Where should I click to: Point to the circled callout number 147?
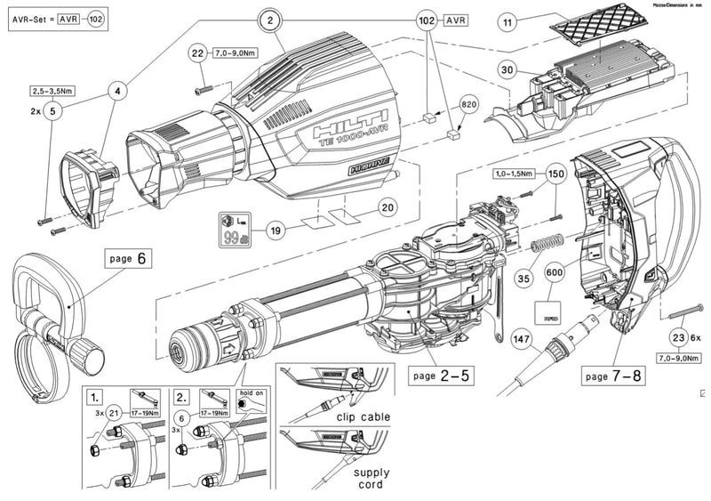[522, 338]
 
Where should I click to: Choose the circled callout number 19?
[276, 230]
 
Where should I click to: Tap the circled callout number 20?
[386, 207]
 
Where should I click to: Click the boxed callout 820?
[470, 103]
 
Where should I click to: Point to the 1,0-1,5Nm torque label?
[515, 174]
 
